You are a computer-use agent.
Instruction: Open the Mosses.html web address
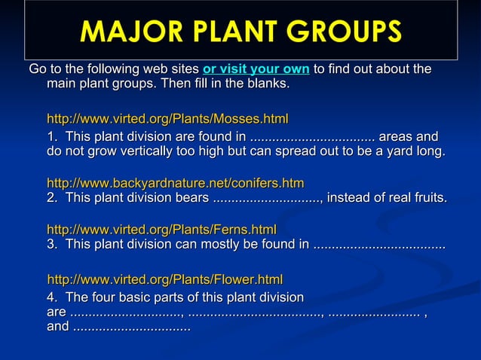167,119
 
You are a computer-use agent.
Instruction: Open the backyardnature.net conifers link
175,183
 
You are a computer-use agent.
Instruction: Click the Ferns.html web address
161,229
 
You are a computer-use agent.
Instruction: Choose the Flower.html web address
165,279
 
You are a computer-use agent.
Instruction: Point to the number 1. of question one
52,137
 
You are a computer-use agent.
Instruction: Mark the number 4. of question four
52,297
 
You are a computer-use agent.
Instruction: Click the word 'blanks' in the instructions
266,84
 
